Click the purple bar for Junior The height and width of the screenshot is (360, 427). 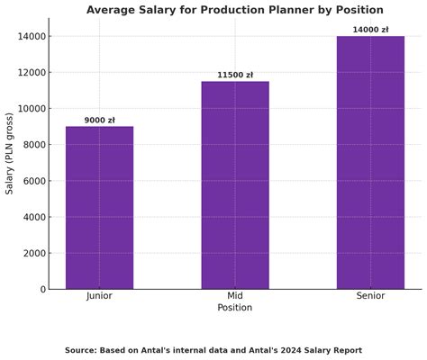(99, 208)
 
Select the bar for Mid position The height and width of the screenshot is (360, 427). (235, 185)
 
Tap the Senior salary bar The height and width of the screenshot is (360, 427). (370, 163)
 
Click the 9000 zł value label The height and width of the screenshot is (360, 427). (100, 120)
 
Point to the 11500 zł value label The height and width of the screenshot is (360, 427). (235, 75)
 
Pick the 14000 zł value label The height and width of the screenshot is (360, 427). (370, 30)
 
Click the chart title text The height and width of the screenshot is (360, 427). (235, 10)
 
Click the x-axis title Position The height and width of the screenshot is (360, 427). (235, 308)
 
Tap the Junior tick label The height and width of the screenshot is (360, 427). (99, 296)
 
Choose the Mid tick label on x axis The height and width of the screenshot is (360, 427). (235, 296)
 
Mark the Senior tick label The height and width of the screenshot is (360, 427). (370, 296)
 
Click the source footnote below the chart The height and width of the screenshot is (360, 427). (213, 350)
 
